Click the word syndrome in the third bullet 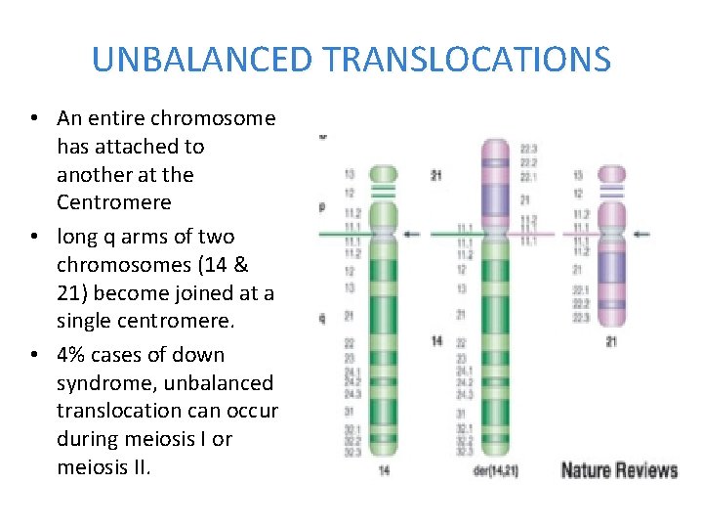(102, 383)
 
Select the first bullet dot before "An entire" (34, 119)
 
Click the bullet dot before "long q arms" (34, 238)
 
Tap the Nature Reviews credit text (619, 470)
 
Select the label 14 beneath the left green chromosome (383, 469)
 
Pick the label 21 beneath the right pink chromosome (611, 340)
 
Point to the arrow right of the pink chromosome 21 (642, 233)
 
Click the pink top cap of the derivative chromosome (497, 150)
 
